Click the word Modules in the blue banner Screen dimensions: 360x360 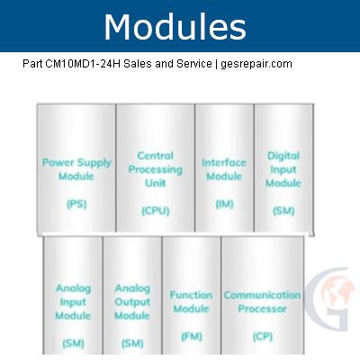[175, 27]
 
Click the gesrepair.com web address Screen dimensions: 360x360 [256, 64]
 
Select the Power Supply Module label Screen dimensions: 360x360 [76, 169]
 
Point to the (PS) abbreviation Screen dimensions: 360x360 [76, 204]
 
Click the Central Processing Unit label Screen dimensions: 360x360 [156, 169]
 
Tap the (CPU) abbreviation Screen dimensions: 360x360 [156, 211]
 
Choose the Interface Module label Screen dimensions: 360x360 [224, 169]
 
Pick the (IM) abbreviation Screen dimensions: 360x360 [224, 204]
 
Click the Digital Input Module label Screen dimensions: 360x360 [283, 169]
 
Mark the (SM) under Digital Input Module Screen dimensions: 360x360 [283, 211]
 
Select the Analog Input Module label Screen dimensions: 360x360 [73, 301]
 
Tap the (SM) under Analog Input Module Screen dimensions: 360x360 [73, 344]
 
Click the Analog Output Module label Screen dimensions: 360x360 [132, 301]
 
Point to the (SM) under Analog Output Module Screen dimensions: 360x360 [132, 344]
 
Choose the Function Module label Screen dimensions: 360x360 [191, 301]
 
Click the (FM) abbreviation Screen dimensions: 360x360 [192, 337]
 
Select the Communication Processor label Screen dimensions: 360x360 [262, 301]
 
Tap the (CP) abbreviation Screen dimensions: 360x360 [263, 337]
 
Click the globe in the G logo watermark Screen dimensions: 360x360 [337, 293]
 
